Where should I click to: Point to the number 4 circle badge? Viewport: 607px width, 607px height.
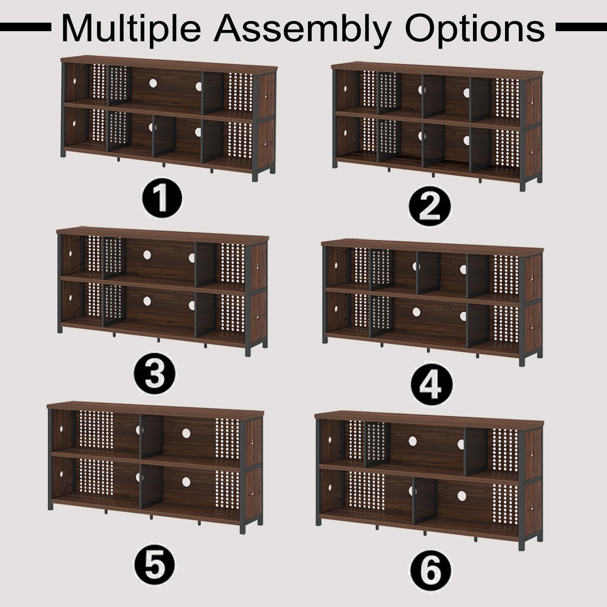430,386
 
